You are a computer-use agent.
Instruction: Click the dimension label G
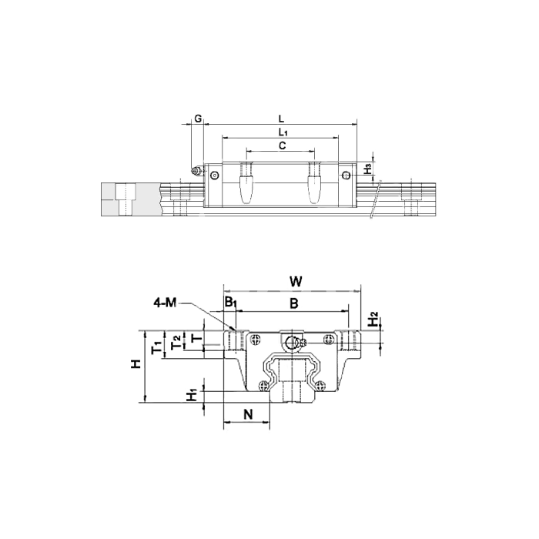click(198, 119)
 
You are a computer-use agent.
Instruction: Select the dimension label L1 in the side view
click(283, 132)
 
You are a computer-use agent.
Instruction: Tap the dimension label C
click(283, 146)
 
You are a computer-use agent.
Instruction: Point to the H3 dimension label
click(368, 169)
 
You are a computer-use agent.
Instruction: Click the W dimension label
click(296, 282)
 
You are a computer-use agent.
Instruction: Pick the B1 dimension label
click(230, 302)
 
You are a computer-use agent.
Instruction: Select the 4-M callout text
click(165, 303)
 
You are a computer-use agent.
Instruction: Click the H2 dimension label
click(373, 319)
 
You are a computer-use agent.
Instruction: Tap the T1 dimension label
click(157, 348)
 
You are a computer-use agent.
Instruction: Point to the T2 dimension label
click(176, 342)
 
